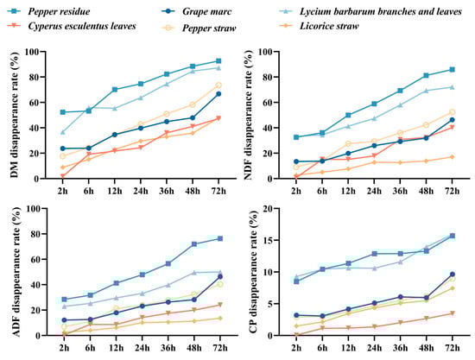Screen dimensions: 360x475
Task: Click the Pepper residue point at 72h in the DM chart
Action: pyautogui.click(x=219, y=61)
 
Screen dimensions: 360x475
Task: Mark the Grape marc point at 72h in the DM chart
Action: pyautogui.click(x=219, y=93)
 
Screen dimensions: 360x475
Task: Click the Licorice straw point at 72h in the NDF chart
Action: pyautogui.click(x=453, y=156)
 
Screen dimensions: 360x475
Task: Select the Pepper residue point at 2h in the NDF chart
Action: pyautogui.click(x=296, y=137)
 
